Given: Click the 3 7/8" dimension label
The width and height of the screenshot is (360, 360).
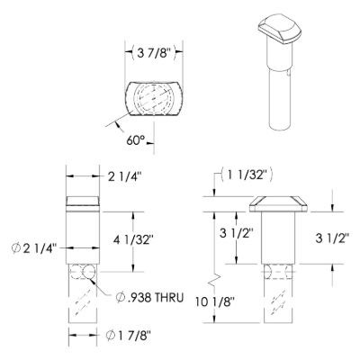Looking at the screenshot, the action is pyautogui.click(x=154, y=54).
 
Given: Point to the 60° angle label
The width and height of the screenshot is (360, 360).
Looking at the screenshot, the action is pyautogui.click(x=136, y=140).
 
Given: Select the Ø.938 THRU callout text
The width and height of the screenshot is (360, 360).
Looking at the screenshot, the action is pyautogui.click(x=149, y=298).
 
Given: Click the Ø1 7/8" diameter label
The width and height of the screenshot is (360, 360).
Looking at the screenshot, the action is pyautogui.click(x=128, y=336).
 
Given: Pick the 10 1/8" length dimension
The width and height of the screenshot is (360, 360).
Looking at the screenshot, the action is pyautogui.click(x=214, y=301).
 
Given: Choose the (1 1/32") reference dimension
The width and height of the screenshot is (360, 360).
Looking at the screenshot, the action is pyautogui.click(x=247, y=175).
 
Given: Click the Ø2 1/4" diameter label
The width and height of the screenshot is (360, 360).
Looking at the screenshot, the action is pyautogui.click(x=34, y=248).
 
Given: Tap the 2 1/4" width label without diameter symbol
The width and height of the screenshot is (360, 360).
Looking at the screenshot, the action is pyautogui.click(x=124, y=177).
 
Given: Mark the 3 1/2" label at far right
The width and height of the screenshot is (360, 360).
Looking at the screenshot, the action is pyautogui.click(x=332, y=238).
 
